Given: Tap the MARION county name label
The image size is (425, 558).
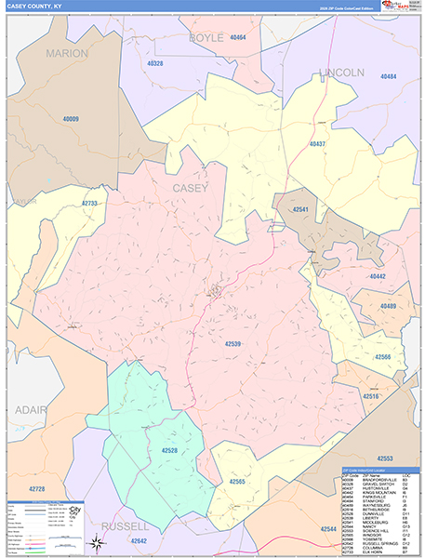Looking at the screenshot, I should point(66,53).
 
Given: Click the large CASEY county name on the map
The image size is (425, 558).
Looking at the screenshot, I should point(191,188).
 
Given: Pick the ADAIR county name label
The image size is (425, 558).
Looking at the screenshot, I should point(32,409).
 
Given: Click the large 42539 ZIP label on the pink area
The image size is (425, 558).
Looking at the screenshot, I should point(233,344).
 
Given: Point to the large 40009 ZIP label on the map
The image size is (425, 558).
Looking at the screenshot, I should point(71,119).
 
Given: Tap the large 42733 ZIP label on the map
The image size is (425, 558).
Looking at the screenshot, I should point(89,203).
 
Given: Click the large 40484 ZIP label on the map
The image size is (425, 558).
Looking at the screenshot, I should point(388,76).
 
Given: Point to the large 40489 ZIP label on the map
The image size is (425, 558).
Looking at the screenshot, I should point(387,306).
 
